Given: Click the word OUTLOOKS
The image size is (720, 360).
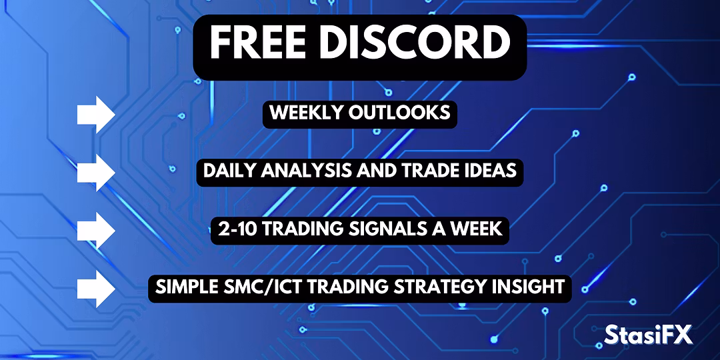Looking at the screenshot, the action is coord(399,113).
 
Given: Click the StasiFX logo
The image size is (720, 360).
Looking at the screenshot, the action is coord(648,334).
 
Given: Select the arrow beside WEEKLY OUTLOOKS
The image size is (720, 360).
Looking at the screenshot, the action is coord(95,115).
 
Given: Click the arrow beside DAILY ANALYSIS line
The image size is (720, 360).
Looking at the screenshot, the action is coord(95,173).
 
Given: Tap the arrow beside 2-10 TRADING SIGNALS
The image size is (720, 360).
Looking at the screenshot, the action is coord(95,231).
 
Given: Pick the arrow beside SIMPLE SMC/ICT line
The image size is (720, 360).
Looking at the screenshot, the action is coord(95,289).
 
